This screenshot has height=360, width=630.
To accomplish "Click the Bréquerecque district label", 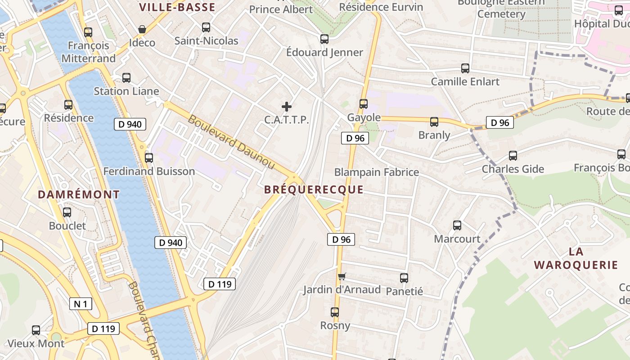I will (x=314, y=189).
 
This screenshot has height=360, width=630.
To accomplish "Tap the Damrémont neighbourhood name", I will (x=79, y=194).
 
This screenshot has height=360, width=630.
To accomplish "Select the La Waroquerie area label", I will (x=576, y=258).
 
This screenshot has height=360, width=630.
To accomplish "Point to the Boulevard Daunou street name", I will (x=231, y=142).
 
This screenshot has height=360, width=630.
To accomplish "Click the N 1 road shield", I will (x=81, y=304).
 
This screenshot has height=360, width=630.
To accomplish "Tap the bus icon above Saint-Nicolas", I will (x=206, y=27).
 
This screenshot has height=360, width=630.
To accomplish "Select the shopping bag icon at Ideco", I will (x=142, y=30).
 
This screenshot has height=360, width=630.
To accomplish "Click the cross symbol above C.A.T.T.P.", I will (x=287, y=107).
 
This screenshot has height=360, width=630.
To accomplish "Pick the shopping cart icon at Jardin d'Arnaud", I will (x=342, y=276).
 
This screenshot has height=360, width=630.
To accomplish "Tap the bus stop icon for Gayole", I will (x=364, y=104).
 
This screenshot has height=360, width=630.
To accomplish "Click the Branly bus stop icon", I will (x=434, y=122).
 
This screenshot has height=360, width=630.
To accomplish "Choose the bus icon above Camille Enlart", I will (x=465, y=68).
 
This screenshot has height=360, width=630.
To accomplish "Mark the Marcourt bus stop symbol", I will (x=457, y=225).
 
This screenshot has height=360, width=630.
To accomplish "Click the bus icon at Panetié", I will (x=404, y=278).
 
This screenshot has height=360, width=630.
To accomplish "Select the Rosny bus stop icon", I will (x=335, y=312).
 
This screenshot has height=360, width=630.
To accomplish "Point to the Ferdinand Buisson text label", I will (x=149, y=171).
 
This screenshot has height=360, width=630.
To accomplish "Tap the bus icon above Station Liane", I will (x=126, y=78).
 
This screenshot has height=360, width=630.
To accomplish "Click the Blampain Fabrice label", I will (x=376, y=172).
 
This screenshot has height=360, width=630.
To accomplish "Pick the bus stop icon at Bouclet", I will (x=67, y=212).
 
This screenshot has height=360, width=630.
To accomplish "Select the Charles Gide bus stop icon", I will (x=513, y=156).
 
